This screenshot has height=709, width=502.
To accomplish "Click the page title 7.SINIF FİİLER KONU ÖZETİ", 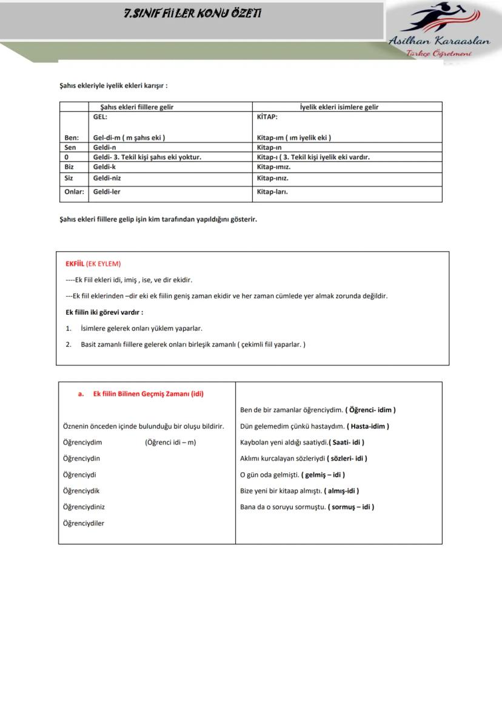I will pyautogui.click(x=193, y=13).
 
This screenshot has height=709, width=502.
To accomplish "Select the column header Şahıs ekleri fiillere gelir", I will pyautogui.click(x=141, y=107).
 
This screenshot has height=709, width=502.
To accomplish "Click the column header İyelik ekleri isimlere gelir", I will pyautogui.click(x=339, y=107).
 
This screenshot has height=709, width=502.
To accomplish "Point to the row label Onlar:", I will pyautogui.click(x=75, y=191).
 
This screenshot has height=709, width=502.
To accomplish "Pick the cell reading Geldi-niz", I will pyautogui.click(x=107, y=179).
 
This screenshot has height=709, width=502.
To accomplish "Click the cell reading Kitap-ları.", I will pyautogui.click(x=272, y=191).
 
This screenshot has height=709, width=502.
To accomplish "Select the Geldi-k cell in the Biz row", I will pyautogui.click(x=104, y=166).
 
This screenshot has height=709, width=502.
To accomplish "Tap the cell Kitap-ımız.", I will pyautogui.click(x=273, y=166).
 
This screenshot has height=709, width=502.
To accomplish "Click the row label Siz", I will pyautogui.click(x=70, y=179).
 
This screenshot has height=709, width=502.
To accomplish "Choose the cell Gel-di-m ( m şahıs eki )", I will pyautogui.click(x=129, y=137).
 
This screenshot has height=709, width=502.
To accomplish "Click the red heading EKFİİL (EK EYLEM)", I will pyautogui.click(x=93, y=264).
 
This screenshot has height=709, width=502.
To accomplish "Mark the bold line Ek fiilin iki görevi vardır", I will pyautogui.click(x=104, y=312).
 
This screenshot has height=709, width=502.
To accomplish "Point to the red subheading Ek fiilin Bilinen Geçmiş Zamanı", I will pyautogui.click(x=148, y=394).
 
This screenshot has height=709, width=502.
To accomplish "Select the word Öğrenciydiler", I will pyautogui.click(x=84, y=523).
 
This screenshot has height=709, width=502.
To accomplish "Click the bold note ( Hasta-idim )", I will pyautogui.click(x=368, y=426).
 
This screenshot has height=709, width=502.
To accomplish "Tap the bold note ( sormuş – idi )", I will pyautogui.click(x=351, y=507).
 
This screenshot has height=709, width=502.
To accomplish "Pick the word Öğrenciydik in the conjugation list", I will pyautogui.click(x=81, y=491).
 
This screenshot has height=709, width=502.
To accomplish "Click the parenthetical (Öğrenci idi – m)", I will pyautogui.click(x=170, y=443).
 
